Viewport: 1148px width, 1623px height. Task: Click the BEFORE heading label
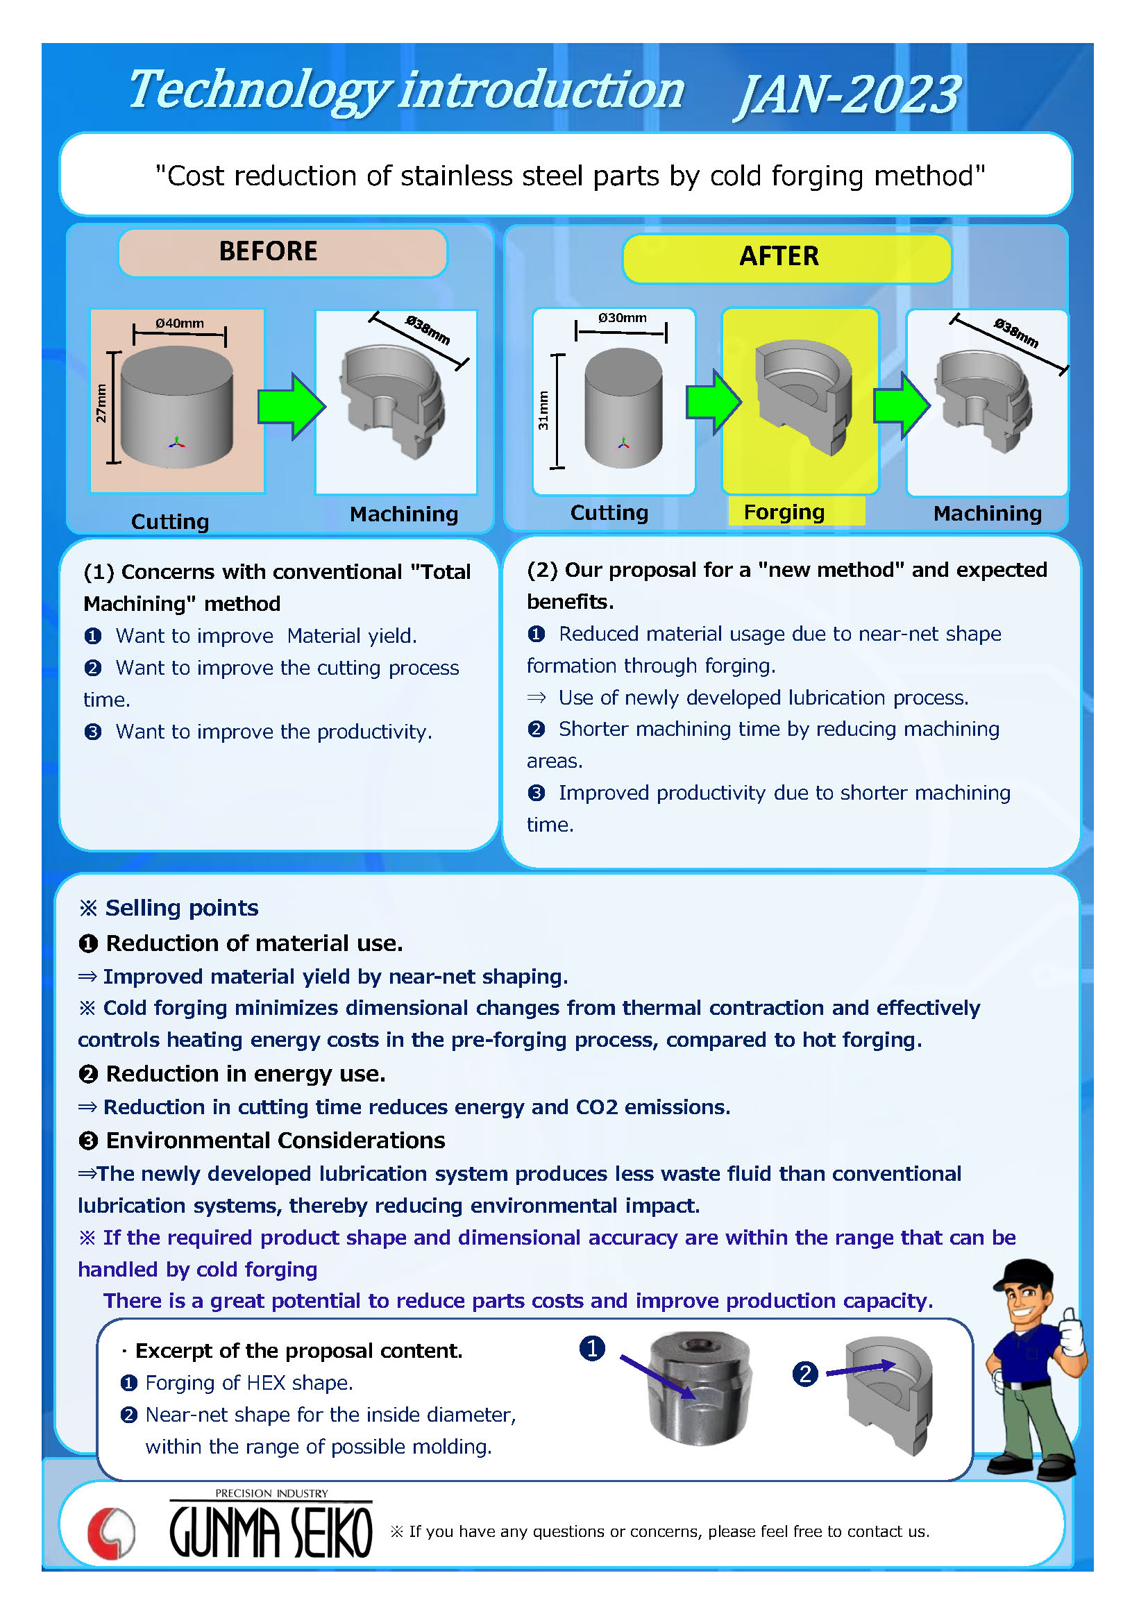point(269,252)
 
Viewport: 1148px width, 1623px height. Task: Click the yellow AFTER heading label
point(779,257)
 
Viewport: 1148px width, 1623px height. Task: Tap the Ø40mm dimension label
point(180,323)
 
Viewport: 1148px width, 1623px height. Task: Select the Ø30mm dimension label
point(622,318)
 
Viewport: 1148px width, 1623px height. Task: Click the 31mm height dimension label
point(543,412)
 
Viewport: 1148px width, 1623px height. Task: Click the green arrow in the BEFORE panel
point(291,407)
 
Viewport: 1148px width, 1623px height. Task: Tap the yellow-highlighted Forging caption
point(784,512)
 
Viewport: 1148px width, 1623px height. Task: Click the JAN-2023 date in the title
point(848,94)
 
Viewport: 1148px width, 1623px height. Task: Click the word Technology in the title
point(259,90)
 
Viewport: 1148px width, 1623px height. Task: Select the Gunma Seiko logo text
point(271,1532)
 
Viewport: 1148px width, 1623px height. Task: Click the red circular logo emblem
point(111,1533)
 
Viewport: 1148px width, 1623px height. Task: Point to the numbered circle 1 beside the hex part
point(592,1349)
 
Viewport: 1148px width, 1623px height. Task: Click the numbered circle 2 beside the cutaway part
point(805,1374)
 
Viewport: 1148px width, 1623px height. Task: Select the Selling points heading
point(182,907)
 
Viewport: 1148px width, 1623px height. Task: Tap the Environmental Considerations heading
point(275,1141)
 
